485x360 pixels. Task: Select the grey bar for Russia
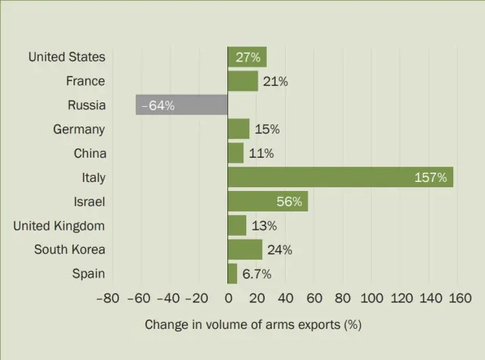(x=182, y=105)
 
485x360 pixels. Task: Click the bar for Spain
(x=233, y=274)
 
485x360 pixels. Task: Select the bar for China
(x=236, y=153)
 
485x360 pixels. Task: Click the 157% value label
(x=430, y=178)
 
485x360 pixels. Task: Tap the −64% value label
(x=158, y=105)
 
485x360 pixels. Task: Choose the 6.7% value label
(x=256, y=274)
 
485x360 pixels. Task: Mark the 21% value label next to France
(x=275, y=81)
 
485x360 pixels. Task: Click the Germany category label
(x=79, y=130)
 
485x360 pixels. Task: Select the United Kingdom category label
(x=59, y=226)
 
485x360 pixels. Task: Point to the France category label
(x=85, y=81)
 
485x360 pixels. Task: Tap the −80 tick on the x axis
(x=108, y=299)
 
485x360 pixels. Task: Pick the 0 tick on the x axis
(x=228, y=299)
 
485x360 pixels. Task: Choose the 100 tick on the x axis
(x=372, y=299)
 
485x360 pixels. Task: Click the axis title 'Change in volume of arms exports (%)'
(x=253, y=325)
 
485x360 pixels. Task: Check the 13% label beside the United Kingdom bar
(x=264, y=226)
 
